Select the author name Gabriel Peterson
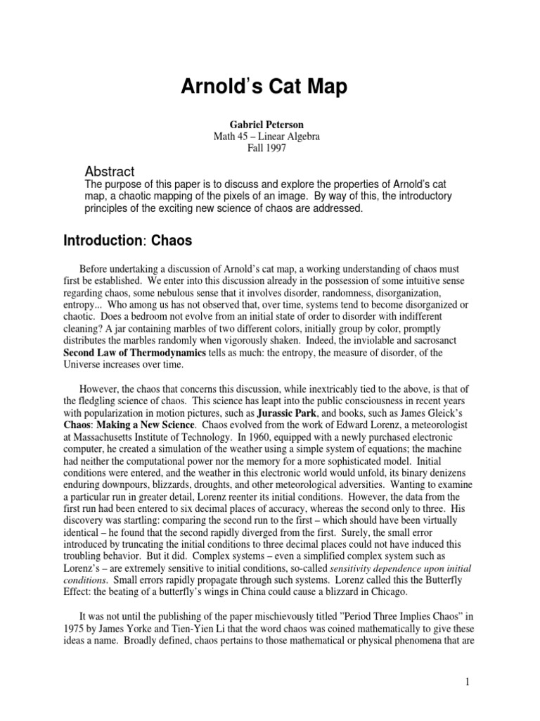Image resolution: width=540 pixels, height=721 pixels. pyautogui.click(x=269, y=125)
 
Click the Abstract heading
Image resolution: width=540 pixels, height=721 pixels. pyautogui.click(x=110, y=172)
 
